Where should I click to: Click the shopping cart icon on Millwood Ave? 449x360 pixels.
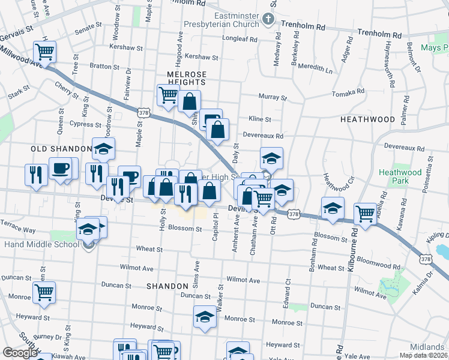[44, 50]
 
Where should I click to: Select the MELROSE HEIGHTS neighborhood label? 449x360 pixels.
[187, 79]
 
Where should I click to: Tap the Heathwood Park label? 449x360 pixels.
[402, 176]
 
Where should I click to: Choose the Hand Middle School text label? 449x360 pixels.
[41, 244]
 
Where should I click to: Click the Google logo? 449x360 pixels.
[20, 353]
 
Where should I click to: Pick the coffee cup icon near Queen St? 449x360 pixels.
[60, 169]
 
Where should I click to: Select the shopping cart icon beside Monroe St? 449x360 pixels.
[44, 292]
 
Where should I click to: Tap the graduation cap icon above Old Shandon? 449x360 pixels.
[104, 148]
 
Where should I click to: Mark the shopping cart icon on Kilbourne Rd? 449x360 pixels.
[365, 213]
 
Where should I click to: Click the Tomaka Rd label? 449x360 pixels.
[348, 92]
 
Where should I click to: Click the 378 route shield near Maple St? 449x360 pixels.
[143, 112]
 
